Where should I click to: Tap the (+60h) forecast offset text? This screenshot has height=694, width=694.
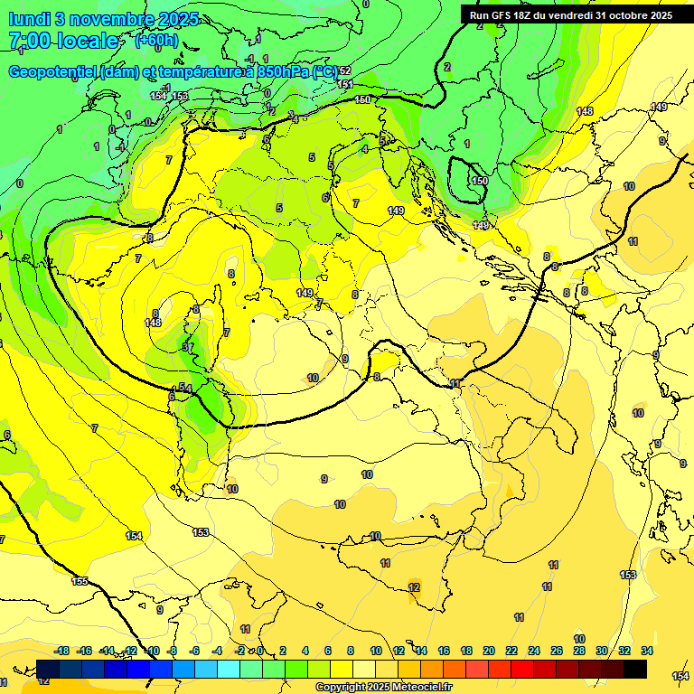point(155,40)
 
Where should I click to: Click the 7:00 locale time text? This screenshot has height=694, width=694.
point(63,41)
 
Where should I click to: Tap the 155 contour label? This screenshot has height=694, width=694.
point(80,581)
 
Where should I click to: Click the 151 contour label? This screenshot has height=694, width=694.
point(344,84)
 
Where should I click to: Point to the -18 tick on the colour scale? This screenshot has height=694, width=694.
point(62,651)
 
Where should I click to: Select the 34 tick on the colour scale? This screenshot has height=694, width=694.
point(647,651)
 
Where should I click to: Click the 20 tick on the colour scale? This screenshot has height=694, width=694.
point(489,651)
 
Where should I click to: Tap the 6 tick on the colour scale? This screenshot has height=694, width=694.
point(327,651)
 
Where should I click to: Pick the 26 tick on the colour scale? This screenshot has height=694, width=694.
point(557,651)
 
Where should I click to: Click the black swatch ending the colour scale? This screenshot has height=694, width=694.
point(635,669)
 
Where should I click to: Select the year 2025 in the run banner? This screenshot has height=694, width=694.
point(656,15)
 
